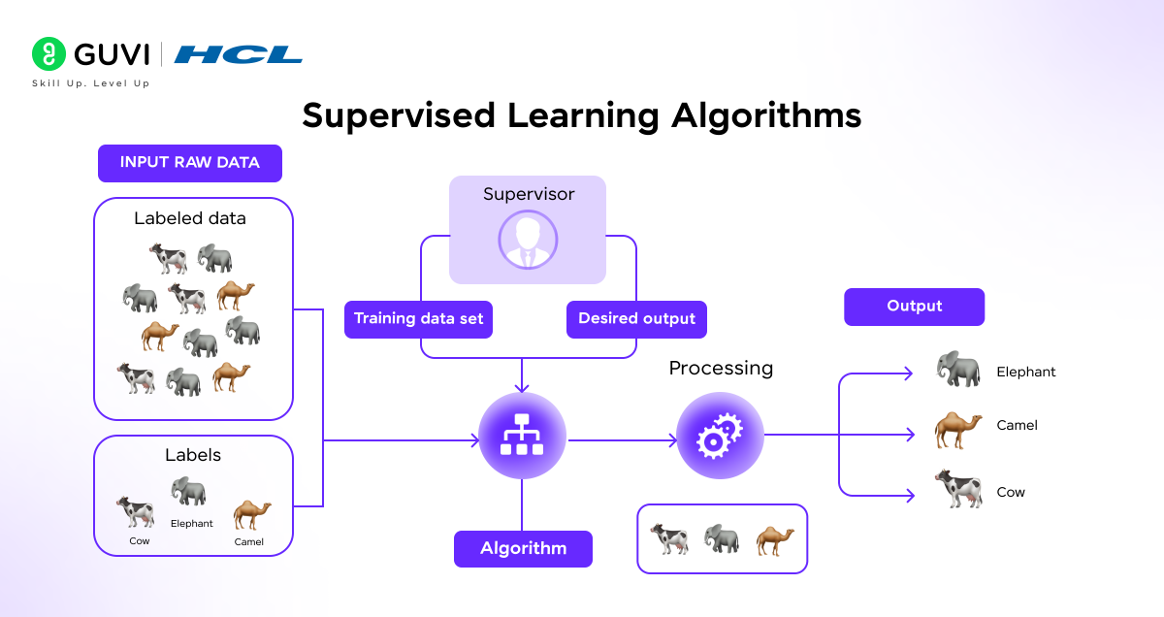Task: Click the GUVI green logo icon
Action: [x=48, y=54]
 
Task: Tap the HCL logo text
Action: [x=238, y=54]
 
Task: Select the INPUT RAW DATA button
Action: [x=190, y=163]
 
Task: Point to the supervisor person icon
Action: [x=528, y=239]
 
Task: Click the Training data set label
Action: [x=418, y=319]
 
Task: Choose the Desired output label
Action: [x=636, y=319]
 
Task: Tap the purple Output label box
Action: [x=914, y=307]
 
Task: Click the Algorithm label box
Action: [x=523, y=549]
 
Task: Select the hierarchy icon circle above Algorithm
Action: [x=523, y=437]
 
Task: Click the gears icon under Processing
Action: [x=720, y=437]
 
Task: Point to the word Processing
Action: [x=721, y=369]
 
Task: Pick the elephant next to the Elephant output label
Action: [x=957, y=370]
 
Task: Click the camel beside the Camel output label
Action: [x=957, y=428]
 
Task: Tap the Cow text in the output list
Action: [x=1011, y=492]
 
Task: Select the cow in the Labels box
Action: [x=136, y=511]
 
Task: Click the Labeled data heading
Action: [x=190, y=218]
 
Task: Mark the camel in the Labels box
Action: [x=251, y=514]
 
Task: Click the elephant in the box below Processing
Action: [x=722, y=539]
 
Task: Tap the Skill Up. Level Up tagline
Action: [x=90, y=83]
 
